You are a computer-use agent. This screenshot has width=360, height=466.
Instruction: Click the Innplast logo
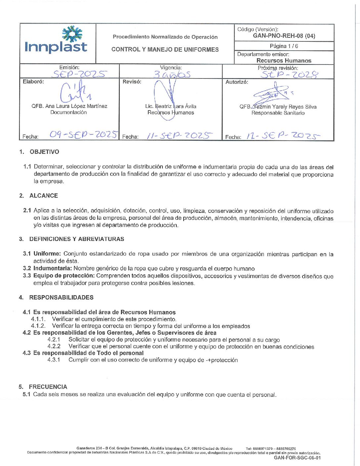[56, 40]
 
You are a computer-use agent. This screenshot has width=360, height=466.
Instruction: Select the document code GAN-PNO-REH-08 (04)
[284, 36]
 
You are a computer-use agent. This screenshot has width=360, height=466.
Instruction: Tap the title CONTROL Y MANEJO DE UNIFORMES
[165, 50]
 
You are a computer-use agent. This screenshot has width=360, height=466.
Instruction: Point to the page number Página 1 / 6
[284, 46]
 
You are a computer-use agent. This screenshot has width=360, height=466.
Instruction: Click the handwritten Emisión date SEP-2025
[80, 74]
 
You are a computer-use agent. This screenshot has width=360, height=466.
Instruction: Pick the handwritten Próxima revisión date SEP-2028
[290, 74]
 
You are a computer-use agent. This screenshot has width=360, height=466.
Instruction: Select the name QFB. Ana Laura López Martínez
[69, 106]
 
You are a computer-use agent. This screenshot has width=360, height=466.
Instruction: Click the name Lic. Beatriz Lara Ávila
[171, 106]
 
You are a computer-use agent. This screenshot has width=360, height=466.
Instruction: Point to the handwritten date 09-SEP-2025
[83, 134]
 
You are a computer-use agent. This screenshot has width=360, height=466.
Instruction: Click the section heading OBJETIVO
[44, 152]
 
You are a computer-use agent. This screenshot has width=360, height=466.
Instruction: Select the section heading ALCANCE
[44, 196]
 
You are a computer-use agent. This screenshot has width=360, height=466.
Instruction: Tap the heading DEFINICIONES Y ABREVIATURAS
[77, 239]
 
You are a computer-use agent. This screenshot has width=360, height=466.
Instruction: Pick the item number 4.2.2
[54, 347]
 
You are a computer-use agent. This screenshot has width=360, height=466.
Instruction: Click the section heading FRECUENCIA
[48, 387]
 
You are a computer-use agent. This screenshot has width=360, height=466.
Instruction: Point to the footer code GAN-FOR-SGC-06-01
[297, 458]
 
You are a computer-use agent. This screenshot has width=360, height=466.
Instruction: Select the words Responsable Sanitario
[278, 113]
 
